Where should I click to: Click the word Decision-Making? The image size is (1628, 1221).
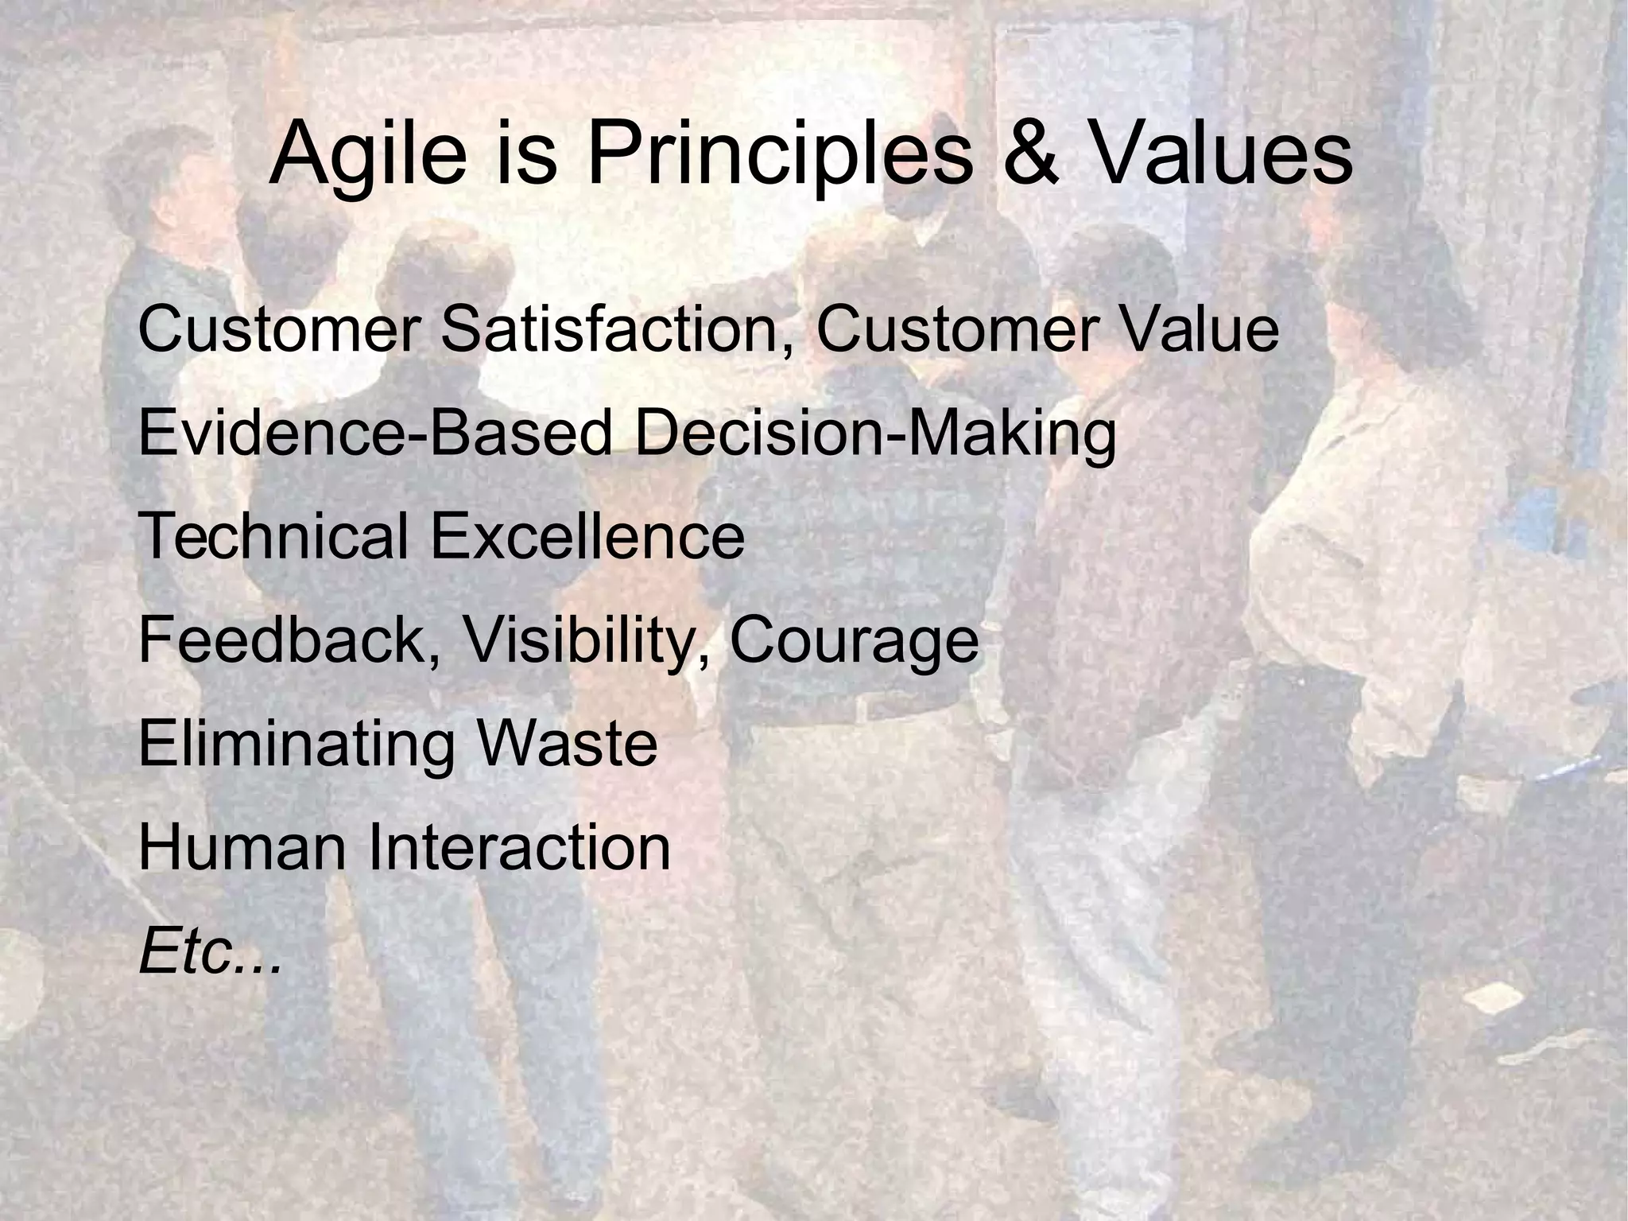tap(875, 435)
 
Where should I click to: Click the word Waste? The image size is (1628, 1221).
tap(568, 743)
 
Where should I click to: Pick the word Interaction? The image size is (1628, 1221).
tap(518, 847)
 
